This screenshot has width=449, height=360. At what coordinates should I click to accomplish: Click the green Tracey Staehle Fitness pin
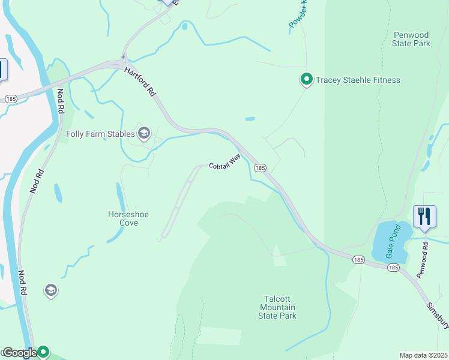point(306,79)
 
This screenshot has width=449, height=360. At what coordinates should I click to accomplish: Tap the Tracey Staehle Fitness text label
point(358,80)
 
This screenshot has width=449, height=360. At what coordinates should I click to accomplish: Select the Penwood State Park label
point(411,40)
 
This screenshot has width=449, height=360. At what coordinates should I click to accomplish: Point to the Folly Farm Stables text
point(100,133)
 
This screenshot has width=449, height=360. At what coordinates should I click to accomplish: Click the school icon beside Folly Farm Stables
point(143,133)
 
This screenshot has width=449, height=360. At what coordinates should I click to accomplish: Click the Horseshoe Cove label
point(123,218)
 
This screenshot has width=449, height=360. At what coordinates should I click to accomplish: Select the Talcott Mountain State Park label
point(277,307)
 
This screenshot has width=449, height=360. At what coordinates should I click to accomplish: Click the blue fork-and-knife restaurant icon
point(424,217)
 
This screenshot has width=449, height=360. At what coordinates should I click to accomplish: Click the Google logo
point(19,353)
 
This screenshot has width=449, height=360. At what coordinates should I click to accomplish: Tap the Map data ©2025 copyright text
point(423,355)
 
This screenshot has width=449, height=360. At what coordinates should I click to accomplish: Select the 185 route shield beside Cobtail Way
point(260,169)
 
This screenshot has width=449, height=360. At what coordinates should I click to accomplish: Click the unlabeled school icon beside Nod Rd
point(51,291)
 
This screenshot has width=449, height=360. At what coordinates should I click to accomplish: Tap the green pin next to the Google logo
point(43,352)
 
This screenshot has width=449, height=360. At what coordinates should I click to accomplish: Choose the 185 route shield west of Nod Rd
point(10,97)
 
